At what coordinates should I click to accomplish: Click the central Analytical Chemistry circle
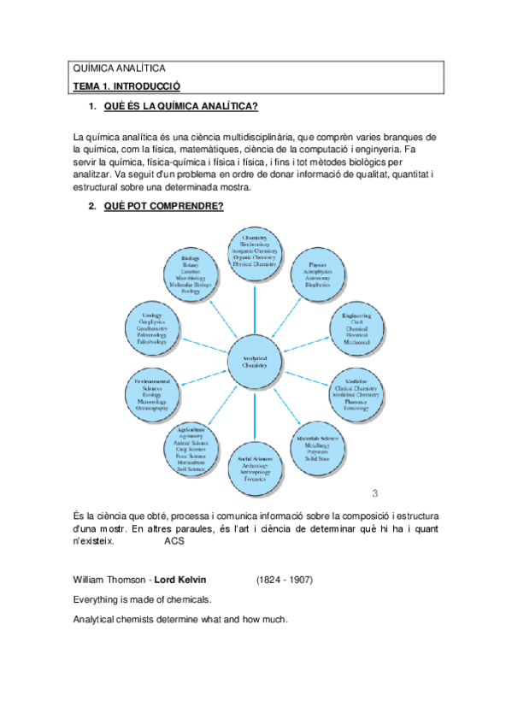(x=255, y=361)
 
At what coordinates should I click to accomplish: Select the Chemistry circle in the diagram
(x=255, y=252)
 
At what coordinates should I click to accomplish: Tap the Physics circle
(x=318, y=274)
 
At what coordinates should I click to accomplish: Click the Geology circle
(x=152, y=328)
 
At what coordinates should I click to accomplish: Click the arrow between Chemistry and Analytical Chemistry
(x=255, y=307)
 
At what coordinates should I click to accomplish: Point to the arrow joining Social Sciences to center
(x=255, y=416)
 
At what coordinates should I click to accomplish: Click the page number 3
(x=374, y=493)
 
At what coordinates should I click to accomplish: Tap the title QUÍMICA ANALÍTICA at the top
(x=120, y=68)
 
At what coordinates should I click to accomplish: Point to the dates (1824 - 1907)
(x=285, y=580)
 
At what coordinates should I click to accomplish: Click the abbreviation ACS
(x=174, y=541)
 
